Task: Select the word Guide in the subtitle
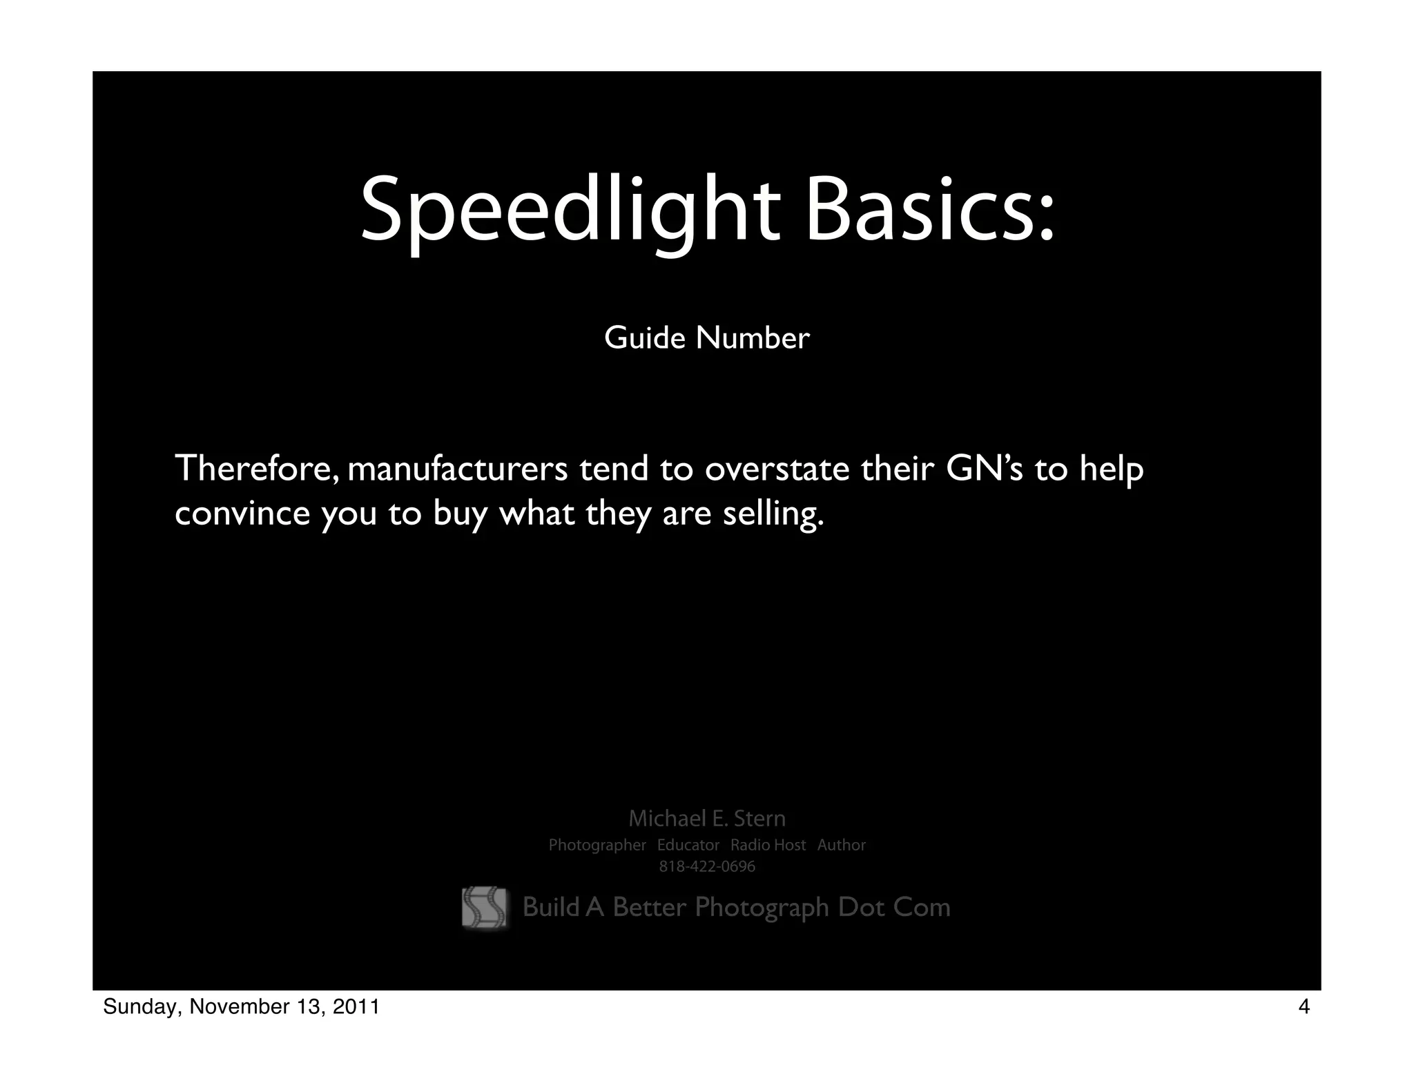pyautogui.click(x=645, y=338)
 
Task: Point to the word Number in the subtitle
pyautogui.click(x=753, y=338)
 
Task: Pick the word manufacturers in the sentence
pyautogui.click(x=458, y=469)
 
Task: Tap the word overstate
pyautogui.click(x=777, y=469)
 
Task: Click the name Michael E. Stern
pyautogui.click(x=707, y=819)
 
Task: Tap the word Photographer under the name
pyautogui.click(x=597, y=845)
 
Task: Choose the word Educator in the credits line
pyautogui.click(x=688, y=845)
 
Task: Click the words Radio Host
pyautogui.click(x=768, y=845)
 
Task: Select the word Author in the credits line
pyautogui.click(x=841, y=845)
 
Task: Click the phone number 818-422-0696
pyautogui.click(x=707, y=866)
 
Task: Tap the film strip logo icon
pyautogui.click(x=484, y=907)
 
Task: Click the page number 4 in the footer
pyautogui.click(x=1304, y=1007)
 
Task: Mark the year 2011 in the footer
pyautogui.click(x=356, y=1007)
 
